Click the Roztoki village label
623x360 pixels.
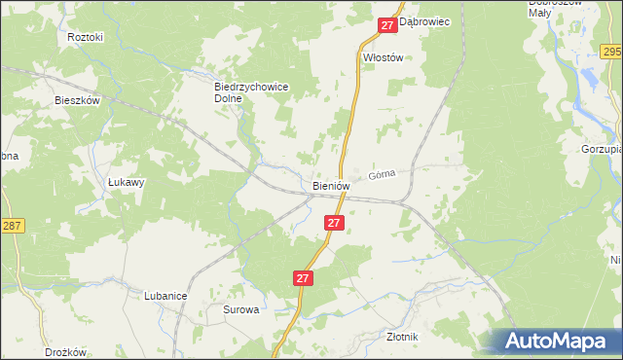pyautogui.click(x=86, y=37)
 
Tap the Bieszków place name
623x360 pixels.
pyautogui.click(x=78, y=99)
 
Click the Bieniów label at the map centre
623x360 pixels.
pyautogui.click(x=331, y=185)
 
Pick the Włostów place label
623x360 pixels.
pyautogui.click(x=383, y=57)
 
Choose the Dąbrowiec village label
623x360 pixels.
pyautogui.click(x=424, y=21)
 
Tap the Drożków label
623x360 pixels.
pyautogui.click(x=66, y=352)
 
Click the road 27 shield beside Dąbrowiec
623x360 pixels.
pyautogui.click(x=387, y=24)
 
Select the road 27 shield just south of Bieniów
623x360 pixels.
pyautogui.click(x=334, y=223)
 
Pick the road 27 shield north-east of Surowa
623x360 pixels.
pyautogui.click(x=303, y=278)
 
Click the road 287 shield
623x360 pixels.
pyautogui.click(x=11, y=225)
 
